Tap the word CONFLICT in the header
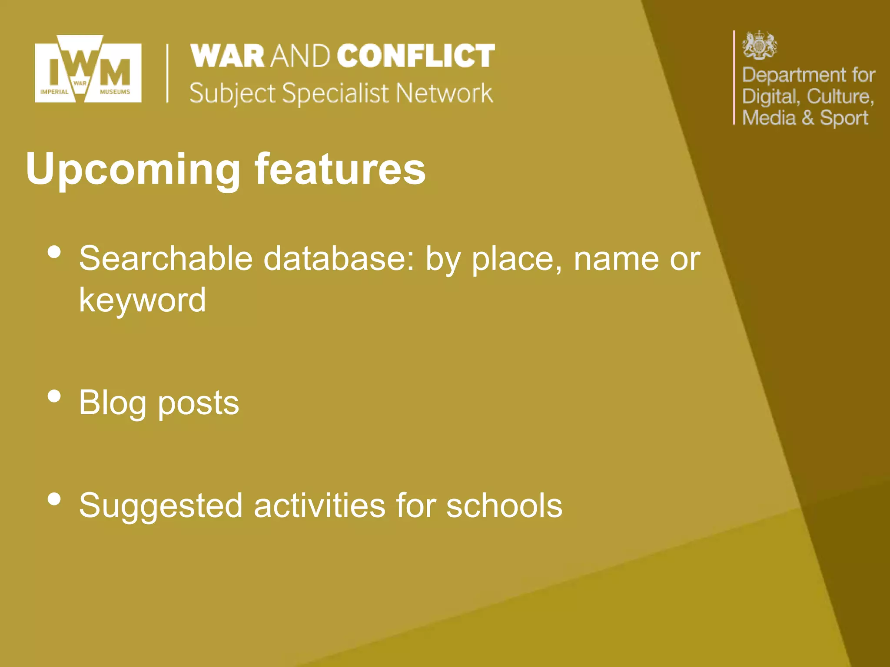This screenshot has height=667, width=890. (415, 56)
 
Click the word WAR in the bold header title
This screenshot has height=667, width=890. (228, 56)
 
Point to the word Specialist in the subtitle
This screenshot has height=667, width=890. (335, 93)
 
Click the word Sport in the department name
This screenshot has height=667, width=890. (844, 118)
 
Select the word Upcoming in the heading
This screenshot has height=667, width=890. (133, 169)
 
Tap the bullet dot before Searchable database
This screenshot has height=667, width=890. (54, 252)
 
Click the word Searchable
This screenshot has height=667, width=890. (166, 259)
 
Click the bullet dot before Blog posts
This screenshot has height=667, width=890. (54, 396)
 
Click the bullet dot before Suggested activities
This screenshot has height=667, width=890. (54, 499)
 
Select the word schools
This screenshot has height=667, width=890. (504, 505)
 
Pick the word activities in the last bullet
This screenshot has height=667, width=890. (319, 505)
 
